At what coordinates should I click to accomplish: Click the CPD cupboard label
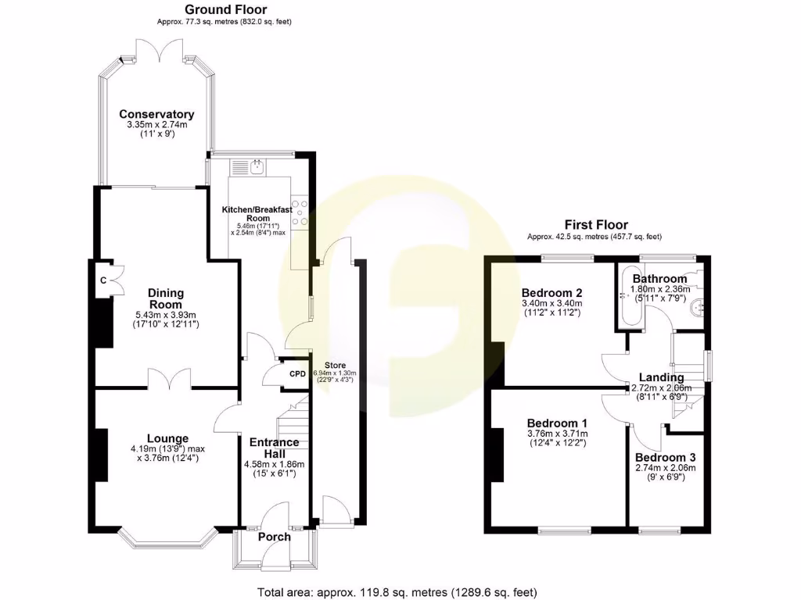click(x=297, y=373)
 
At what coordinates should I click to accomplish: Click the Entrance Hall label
click(x=274, y=448)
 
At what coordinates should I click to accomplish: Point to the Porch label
click(x=274, y=537)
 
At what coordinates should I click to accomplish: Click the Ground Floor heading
click(x=225, y=9)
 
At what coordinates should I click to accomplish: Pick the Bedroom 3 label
click(x=665, y=457)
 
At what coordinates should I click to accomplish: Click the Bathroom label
click(x=659, y=278)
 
